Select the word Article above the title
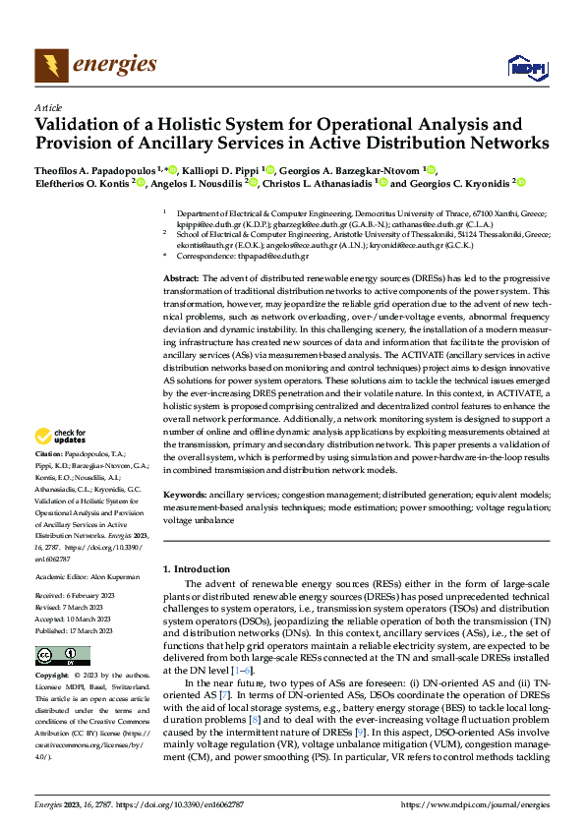pyautogui.click(x=47, y=108)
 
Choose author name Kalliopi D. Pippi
pyautogui.click(x=225, y=169)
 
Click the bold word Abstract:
pyautogui.click(x=182, y=280)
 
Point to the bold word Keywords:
pyautogui.click(x=184, y=494)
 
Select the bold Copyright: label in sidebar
pyautogui.click(x=53, y=677)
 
